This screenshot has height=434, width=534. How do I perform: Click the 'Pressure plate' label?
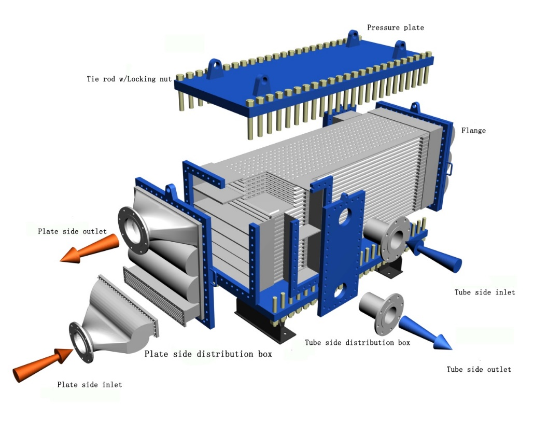(395, 27)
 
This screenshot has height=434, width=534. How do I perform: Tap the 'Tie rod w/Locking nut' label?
(129, 79)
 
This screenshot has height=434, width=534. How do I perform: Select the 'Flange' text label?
(473, 131)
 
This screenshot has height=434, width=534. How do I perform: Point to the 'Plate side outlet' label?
(72, 231)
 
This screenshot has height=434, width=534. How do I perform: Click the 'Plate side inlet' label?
(90, 385)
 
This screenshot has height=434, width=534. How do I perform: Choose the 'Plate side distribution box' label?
(208, 354)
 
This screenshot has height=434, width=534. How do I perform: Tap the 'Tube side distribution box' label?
(357, 343)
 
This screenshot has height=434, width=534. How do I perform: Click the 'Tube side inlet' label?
(485, 292)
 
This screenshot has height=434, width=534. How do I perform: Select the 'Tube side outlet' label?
(479, 370)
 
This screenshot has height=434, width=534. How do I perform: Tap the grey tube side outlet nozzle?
(384, 311)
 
